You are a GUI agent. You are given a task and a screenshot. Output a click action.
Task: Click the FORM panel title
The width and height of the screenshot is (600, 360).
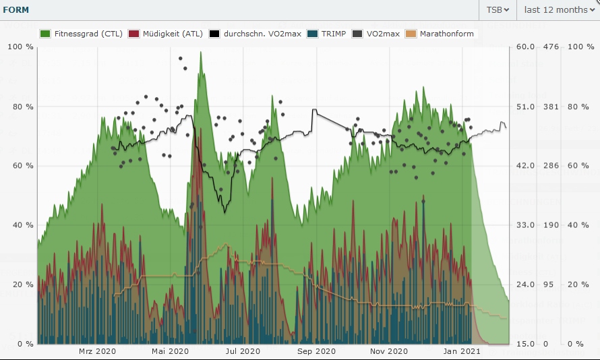tap(15, 9)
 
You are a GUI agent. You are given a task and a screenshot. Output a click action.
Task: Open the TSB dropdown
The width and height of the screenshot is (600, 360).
tap(498, 9)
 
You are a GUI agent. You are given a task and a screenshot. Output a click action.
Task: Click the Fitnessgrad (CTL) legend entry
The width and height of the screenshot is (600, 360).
tap(82, 34)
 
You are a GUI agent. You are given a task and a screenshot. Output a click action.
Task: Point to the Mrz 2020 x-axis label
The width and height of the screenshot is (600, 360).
tap(97, 351)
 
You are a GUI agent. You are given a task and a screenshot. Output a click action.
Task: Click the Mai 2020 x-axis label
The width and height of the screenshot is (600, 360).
tap(170, 351)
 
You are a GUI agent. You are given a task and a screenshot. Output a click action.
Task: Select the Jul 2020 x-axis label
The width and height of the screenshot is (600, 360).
tap(242, 351)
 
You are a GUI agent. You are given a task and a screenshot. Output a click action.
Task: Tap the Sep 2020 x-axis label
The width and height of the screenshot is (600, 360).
tap(316, 351)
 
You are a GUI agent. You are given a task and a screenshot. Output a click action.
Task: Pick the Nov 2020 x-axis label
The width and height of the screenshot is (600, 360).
tap(389, 351)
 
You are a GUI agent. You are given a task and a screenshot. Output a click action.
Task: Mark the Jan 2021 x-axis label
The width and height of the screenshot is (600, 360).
tap(462, 351)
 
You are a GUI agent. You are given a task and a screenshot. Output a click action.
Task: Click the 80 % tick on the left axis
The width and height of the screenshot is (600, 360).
tap(23, 107)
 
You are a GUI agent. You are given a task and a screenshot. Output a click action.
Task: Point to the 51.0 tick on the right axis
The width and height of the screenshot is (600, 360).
tap(526, 107)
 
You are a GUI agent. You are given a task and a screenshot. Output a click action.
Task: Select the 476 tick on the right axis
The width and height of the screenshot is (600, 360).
tap(551, 47)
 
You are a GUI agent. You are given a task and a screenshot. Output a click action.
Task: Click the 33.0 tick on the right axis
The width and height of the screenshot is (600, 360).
tap(526, 225)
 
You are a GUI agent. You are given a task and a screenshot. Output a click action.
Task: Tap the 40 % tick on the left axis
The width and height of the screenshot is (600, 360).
tap(23, 225)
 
